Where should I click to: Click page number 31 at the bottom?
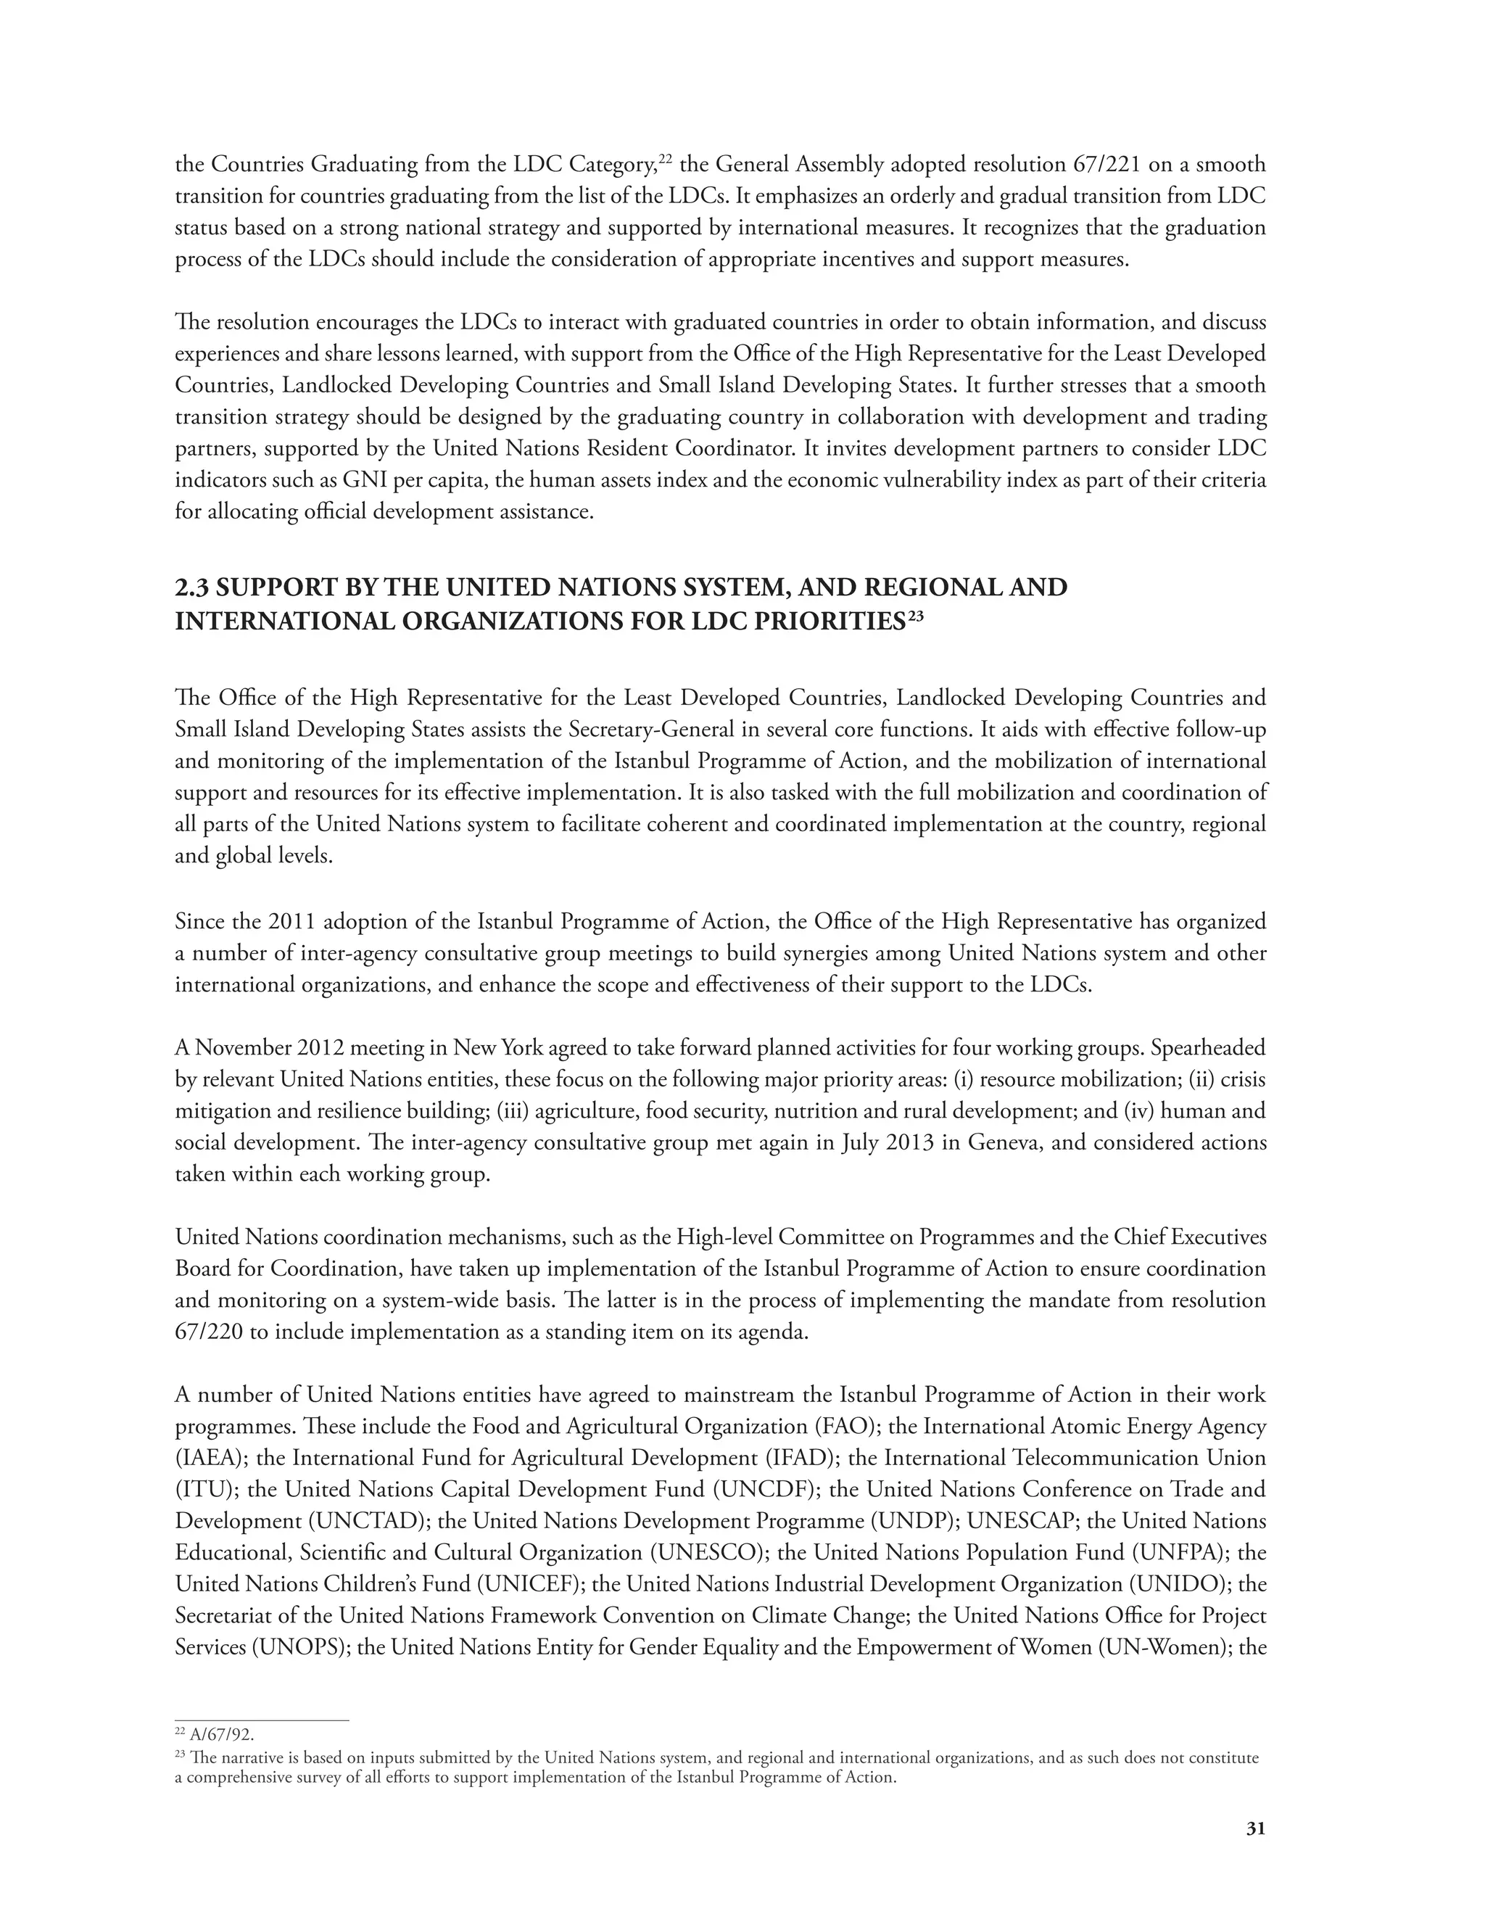(x=1255, y=1828)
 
